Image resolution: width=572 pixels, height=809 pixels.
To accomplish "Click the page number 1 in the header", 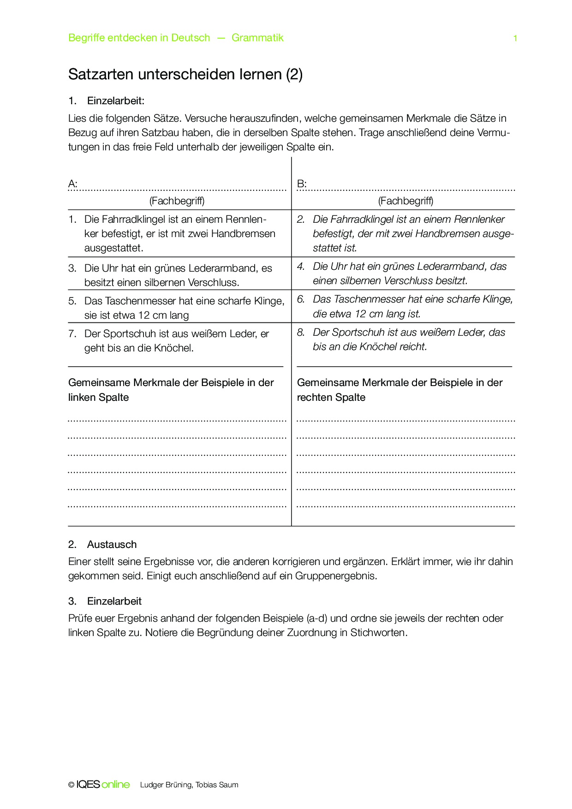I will (x=515, y=38).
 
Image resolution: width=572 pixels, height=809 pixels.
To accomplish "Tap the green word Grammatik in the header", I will (x=257, y=38).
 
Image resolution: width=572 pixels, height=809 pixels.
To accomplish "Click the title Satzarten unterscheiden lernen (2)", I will (x=185, y=74).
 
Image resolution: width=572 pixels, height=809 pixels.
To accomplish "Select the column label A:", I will (x=73, y=184).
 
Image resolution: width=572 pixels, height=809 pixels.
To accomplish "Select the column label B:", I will (x=302, y=184).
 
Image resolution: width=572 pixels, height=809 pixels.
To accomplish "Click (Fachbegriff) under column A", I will (x=177, y=201).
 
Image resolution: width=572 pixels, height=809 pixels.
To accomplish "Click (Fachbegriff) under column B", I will (x=405, y=201).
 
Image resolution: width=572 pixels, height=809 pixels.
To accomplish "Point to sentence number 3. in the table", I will (x=72, y=268).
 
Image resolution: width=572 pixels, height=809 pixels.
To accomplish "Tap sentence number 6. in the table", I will (x=301, y=299).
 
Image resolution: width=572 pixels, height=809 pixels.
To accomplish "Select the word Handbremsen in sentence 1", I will (x=243, y=233).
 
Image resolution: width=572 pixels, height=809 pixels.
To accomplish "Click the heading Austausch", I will (x=112, y=544).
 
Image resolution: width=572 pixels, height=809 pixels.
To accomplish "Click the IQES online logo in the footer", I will (x=103, y=785).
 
